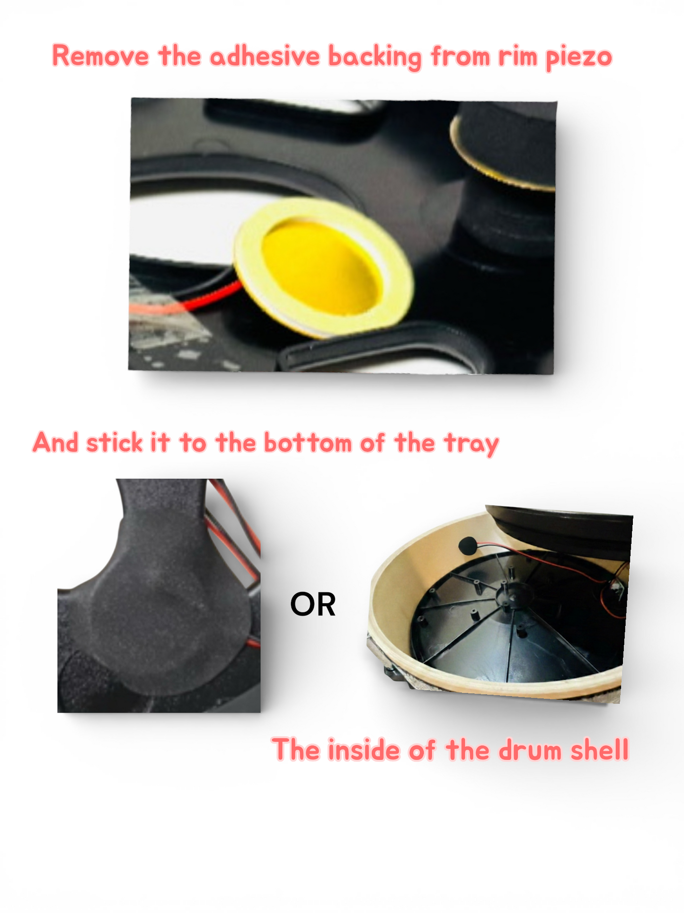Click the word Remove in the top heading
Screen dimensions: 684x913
pyautogui.click(x=100, y=56)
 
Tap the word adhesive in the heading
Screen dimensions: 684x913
pyautogui.click(x=265, y=56)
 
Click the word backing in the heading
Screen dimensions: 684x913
pyautogui.click(x=374, y=57)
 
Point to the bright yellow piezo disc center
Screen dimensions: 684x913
pyautogui.click(x=322, y=268)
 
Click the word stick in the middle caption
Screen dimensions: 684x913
pyautogui.click(x=115, y=443)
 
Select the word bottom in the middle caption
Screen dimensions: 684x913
pyautogui.click(x=308, y=443)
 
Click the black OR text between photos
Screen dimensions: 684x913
pyautogui.click(x=313, y=605)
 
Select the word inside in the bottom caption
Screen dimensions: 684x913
pyautogui.click(x=364, y=750)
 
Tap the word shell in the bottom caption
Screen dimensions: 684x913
pyautogui.click(x=600, y=750)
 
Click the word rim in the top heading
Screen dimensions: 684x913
pyautogui.click(x=518, y=57)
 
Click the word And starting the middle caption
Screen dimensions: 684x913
pyautogui.click(x=55, y=443)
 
